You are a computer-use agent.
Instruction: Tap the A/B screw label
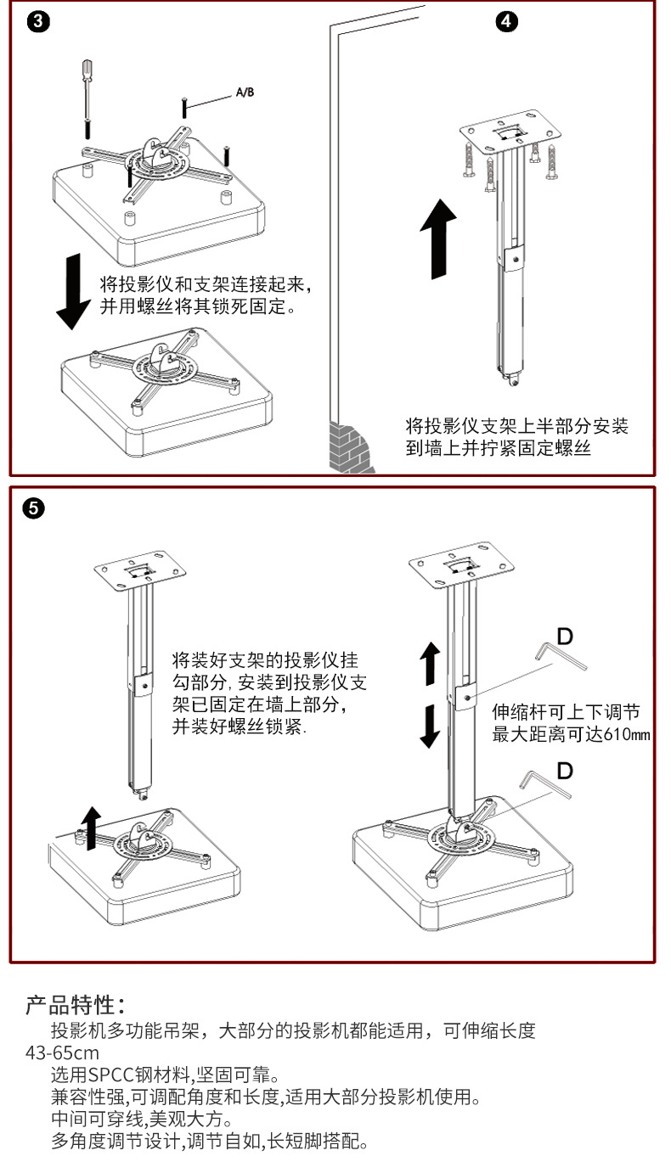click(x=244, y=93)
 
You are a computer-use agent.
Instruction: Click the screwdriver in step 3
click(x=86, y=98)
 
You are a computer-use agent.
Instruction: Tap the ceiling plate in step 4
click(x=511, y=134)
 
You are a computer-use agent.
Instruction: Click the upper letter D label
click(x=564, y=634)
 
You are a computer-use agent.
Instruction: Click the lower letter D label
click(x=565, y=770)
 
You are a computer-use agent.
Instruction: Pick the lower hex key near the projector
click(x=546, y=785)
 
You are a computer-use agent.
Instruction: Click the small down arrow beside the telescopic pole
click(x=431, y=727)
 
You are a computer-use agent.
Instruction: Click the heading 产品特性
click(x=76, y=1007)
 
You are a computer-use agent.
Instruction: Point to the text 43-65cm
click(x=62, y=1053)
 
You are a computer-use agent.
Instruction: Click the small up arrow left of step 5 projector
click(x=89, y=823)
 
